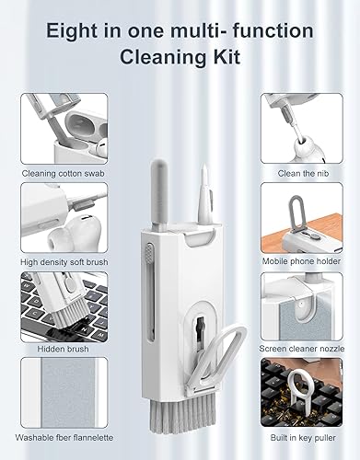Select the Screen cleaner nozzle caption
[301, 349]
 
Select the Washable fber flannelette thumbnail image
[57, 392]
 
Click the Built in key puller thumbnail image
[301, 392]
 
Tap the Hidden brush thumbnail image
[57, 305]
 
